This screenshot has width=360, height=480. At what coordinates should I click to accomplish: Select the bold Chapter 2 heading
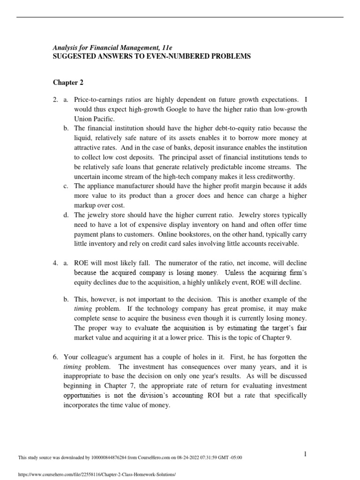coord(67,82)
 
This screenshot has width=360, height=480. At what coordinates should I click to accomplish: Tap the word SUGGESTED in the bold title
coord(75,56)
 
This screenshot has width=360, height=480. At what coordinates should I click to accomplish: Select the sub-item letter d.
coord(66,215)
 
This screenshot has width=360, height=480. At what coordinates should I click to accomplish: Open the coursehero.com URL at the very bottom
coord(96,474)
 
